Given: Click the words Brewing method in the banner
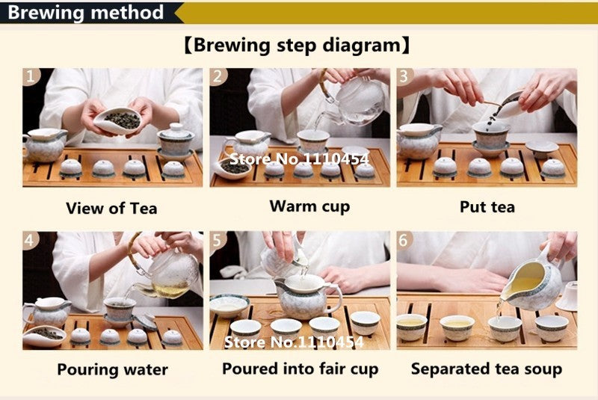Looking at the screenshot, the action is (x=85, y=12).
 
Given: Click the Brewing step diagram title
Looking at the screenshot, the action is (x=297, y=46).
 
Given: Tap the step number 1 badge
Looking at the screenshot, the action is (x=31, y=76).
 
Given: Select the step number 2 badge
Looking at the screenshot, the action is (x=218, y=76).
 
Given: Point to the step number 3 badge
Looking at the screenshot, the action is (x=404, y=76).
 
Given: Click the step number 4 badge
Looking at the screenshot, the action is (x=31, y=240).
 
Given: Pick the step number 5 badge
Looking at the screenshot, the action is (x=218, y=240).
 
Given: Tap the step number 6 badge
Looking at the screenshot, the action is (x=404, y=240).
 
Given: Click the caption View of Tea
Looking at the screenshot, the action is (x=111, y=208).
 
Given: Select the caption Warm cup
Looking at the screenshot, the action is (x=309, y=206).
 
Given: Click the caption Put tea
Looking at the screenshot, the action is (x=487, y=206).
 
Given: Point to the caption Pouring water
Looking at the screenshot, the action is (x=113, y=369).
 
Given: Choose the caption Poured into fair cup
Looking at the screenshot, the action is (x=300, y=369).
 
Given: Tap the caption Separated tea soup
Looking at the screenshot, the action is (x=487, y=369).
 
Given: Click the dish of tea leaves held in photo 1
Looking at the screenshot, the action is (x=117, y=120).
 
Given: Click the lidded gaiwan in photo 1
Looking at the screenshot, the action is (x=176, y=142).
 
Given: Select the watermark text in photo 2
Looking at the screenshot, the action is (x=300, y=159).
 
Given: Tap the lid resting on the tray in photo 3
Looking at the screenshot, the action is (x=542, y=148).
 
